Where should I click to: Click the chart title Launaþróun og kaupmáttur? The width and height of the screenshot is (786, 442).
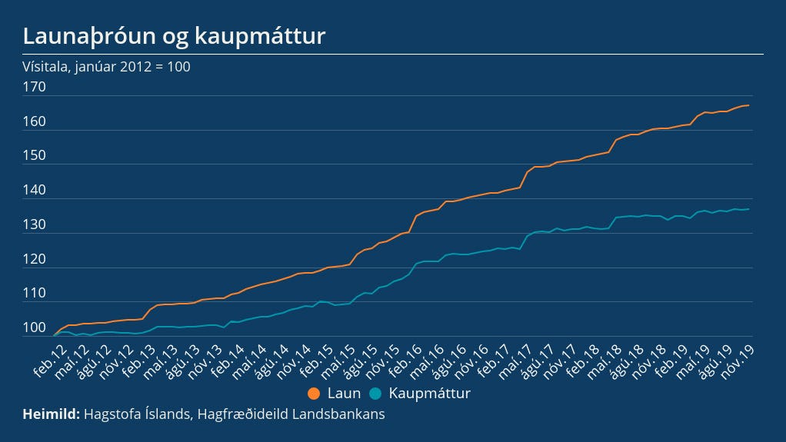pos(175,35)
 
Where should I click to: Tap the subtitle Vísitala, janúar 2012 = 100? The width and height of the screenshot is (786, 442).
pos(107,67)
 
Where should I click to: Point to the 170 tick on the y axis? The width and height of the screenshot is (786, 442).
pos(35,87)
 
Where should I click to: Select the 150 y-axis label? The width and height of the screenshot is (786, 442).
pos(35,156)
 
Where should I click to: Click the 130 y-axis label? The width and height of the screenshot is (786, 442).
pos(35,225)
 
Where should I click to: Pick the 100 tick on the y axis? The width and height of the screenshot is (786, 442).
pos(35,328)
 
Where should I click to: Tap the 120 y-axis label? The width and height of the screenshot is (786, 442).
pos(35,259)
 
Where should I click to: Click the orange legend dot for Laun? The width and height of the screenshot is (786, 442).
pos(314,394)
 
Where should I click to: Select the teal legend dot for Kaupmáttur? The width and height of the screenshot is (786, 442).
pos(375,394)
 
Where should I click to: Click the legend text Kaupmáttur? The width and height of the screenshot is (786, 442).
pos(429,394)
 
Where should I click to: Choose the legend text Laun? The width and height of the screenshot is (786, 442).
pos(344,394)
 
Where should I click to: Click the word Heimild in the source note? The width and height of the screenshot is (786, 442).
pos(51,414)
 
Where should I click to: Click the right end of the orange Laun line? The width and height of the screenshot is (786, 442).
pos(749,105)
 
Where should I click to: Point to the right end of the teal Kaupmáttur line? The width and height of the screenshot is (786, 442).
pos(749,209)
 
